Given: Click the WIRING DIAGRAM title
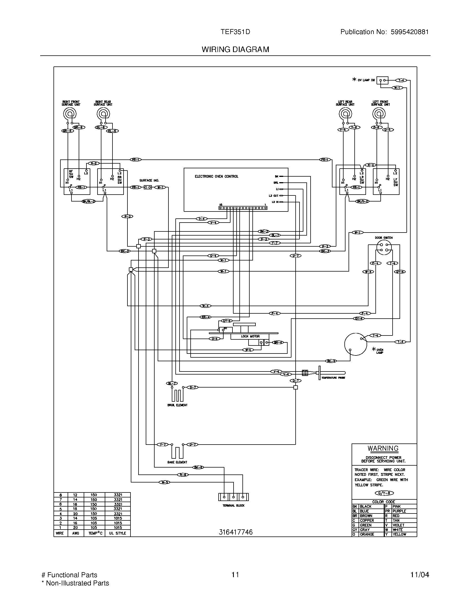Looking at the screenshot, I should [235, 49].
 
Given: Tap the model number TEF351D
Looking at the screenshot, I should [235, 32].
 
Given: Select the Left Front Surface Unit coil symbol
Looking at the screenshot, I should [379, 114].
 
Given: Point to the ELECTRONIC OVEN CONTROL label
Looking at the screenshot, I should [216, 177].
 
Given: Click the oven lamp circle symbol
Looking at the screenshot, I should [355, 344].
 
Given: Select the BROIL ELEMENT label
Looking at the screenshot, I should [177, 405].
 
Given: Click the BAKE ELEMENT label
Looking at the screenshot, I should [177, 462].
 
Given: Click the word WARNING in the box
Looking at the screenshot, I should [383, 448].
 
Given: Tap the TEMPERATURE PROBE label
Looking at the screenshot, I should [333, 378].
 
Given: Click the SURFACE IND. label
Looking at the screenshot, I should [149, 180].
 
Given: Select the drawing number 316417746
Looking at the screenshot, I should [235, 532].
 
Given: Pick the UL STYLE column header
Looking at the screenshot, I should [117, 533].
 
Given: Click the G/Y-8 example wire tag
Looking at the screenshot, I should [384, 493].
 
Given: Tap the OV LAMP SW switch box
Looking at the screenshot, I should [382, 80].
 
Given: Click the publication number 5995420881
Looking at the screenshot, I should [409, 32].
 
